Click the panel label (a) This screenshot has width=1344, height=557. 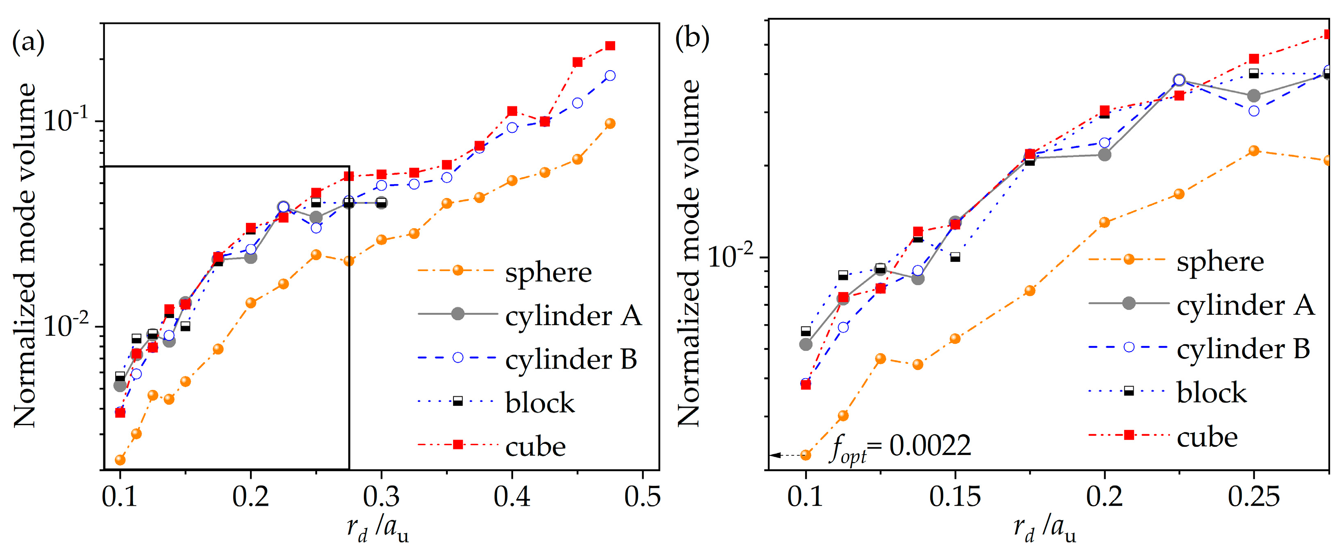pos(28,42)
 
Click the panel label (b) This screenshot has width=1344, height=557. pos(692,38)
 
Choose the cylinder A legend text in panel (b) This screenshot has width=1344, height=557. pos(1245,305)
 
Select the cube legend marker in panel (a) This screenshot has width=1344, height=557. pos(458,444)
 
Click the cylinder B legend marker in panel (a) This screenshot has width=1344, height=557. pos(458,357)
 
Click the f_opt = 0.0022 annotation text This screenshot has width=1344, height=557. pos(900,448)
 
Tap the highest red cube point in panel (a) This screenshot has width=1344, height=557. pos(610,46)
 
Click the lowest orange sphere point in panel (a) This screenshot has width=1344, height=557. pos(120,459)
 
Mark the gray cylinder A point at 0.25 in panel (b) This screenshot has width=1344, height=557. pos(1254,96)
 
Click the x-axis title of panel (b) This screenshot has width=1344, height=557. pos(1045,530)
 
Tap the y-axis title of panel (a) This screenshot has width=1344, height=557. pos(25,255)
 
